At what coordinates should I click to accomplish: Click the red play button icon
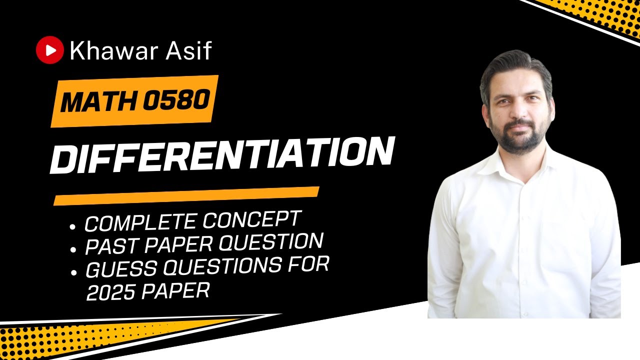[50, 50]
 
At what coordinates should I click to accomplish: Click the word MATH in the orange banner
[99, 102]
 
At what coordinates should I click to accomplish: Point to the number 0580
[175, 99]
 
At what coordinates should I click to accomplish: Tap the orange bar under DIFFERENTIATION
[186, 195]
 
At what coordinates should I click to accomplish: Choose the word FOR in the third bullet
[311, 264]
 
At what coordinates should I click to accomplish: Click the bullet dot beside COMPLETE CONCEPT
[73, 227]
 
